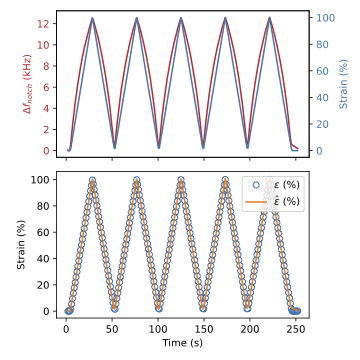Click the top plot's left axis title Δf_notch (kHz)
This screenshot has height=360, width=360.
coord(27,82)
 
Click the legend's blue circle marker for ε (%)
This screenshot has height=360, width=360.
coord(256,185)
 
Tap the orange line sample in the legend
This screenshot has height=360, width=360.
coord(256,201)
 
